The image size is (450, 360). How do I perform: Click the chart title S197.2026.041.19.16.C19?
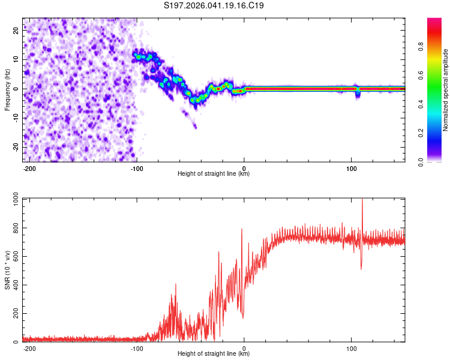[214, 5]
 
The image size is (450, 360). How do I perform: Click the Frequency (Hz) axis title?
[7, 89]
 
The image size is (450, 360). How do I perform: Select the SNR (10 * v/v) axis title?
[7, 271]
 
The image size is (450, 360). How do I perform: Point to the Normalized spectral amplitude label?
[446, 90]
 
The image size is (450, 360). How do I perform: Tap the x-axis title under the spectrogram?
[214, 173]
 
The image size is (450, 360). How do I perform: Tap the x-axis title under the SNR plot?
[214, 354]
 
